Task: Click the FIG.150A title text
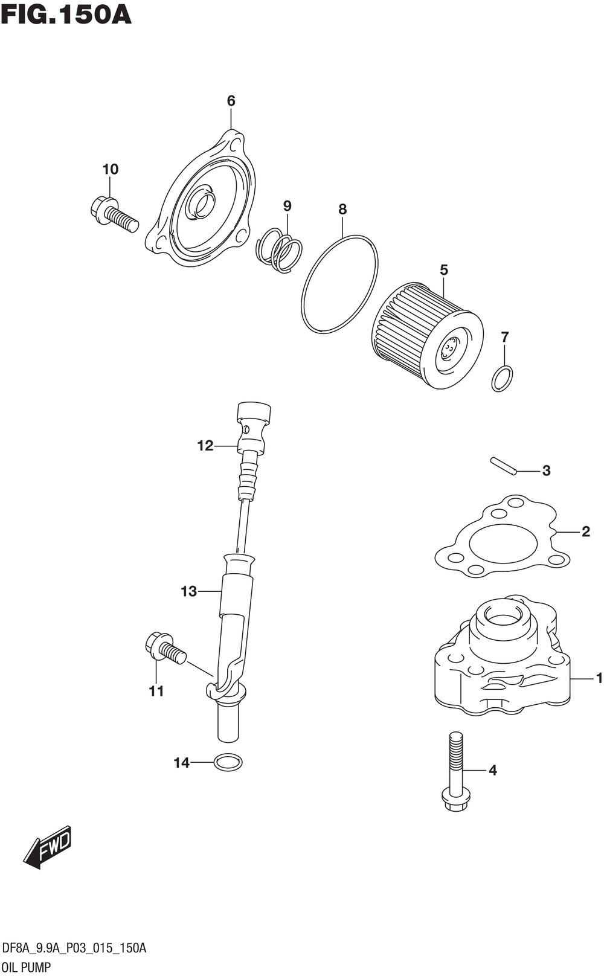66,15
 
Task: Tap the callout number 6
231,101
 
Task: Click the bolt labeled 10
114,214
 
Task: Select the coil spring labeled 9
278,251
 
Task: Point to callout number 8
342,210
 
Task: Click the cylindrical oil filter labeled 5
428,336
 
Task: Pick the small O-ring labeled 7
502,379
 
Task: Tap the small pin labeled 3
504,466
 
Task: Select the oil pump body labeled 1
503,658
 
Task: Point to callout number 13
189,591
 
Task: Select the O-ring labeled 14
228,763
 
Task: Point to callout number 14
182,763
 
